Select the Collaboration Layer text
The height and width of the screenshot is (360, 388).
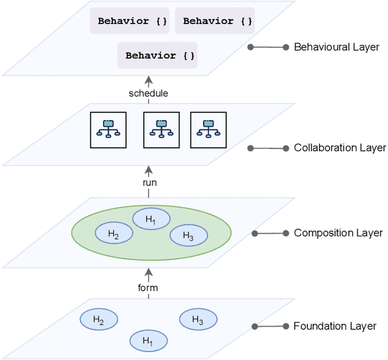tap(339, 148)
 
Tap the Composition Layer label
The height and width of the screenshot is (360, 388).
tap(338, 233)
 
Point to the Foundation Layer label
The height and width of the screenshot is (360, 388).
tap(335, 326)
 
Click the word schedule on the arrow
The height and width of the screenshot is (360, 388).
tap(149, 93)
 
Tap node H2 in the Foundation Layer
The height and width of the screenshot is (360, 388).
tap(99, 321)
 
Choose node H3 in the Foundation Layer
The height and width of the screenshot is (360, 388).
tap(198, 319)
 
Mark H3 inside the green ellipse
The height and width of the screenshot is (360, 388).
tap(188, 235)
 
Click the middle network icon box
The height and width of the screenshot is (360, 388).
tap(161, 130)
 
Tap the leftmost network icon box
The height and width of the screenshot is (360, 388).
tap(109, 130)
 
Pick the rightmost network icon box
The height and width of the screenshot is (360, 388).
tap(209, 130)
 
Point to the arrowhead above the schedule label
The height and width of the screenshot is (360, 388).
tap(149, 80)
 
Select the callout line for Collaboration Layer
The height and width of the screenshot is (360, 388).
tap(268, 148)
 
